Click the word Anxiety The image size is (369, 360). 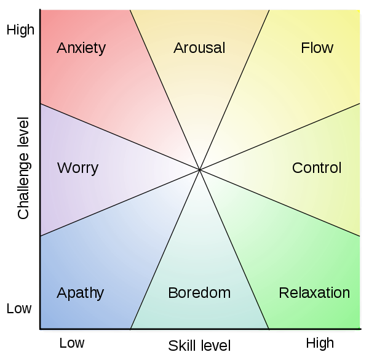click(x=81, y=49)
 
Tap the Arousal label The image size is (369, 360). click(x=199, y=48)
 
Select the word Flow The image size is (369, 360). click(x=317, y=48)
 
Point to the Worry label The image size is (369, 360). click(x=77, y=169)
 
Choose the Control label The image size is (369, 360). click(x=317, y=167)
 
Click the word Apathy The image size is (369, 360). click(x=80, y=294)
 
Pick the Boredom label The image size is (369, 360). click(x=199, y=293)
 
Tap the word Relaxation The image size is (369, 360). click(x=314, y=293)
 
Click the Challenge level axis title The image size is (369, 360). click(x=23, y=168)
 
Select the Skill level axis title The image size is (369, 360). click(x=199, y=346)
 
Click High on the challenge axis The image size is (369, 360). click(x=20, y=30)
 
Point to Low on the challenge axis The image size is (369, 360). click(x=19, y=308)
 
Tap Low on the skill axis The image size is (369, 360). click(x=72, y=343)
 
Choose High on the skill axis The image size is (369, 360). click(x=320, y=343)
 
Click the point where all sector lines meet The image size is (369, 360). click(x=199, y=169)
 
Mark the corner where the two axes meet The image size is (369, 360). click(x=40, y=329)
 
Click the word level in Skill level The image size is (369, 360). click(x=215, y=346)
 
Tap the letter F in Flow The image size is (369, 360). click(x=305, y=48)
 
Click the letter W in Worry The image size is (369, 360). click(x=64, y=167)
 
